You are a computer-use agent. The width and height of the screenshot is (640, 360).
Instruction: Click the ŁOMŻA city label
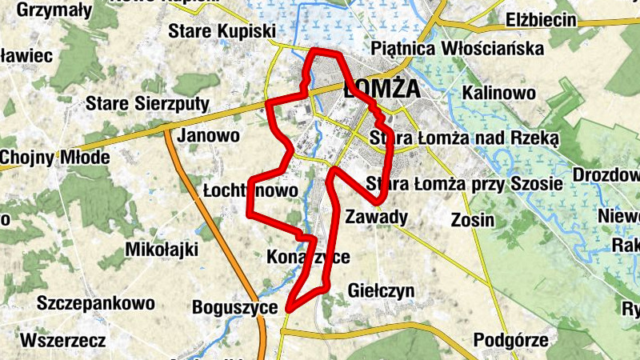click(382, 90)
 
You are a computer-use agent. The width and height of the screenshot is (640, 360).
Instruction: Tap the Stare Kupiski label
click(222, 32)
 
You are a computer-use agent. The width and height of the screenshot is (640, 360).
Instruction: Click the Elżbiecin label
click(542, 20)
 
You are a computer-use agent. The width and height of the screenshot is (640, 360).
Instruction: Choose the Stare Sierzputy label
click(147, 104)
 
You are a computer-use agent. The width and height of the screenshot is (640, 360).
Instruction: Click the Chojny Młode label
click(54, 157)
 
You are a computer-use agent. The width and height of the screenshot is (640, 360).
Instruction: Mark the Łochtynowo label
click(250, 190)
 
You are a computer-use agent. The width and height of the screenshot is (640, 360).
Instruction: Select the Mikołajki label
click(162, 250)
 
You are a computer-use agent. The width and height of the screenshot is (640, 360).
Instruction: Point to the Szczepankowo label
click(95, 303)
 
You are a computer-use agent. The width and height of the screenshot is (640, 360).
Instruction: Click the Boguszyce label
click(234, 307)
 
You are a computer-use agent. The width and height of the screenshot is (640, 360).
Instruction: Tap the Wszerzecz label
click(62, 341)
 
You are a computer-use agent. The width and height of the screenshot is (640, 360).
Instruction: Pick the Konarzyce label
click(309, 258)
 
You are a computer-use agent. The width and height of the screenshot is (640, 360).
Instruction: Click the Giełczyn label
click(382, 291)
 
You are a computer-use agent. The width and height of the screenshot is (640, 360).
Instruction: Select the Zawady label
click(377, 217)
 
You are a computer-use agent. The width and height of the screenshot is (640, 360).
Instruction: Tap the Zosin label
click(472, 219)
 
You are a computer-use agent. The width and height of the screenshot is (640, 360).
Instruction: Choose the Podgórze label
click(511, 340)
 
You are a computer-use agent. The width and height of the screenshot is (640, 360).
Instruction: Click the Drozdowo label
click(607, 175)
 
